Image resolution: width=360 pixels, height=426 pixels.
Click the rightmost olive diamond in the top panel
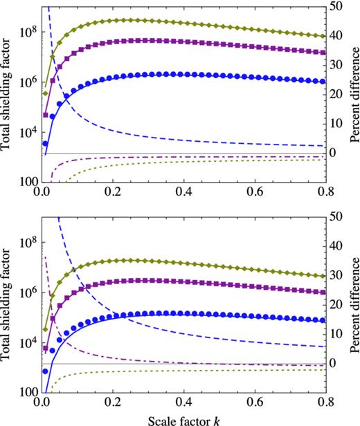pos(326,36)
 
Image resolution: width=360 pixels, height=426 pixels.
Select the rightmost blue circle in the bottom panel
pos(326,320)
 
